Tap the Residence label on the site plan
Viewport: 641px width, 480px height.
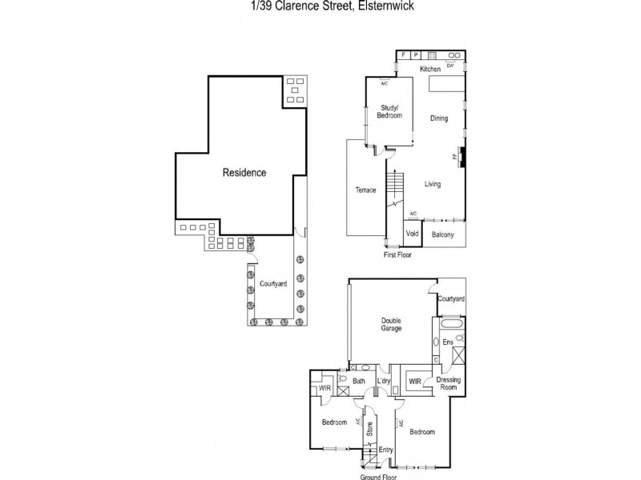(244, 172)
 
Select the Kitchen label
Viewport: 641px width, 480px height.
(431, 70)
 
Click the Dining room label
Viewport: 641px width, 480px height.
(438, 119)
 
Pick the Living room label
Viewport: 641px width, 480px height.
(433, 184)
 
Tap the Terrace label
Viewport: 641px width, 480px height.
(365, 190)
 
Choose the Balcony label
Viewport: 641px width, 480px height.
(443, 234)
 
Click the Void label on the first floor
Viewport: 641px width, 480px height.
(412, 234)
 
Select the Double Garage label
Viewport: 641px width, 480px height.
(391, 324)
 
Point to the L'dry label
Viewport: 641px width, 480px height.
(382, 381)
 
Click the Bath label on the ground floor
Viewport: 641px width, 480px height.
(358, 381)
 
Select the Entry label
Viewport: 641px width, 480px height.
(386, 450)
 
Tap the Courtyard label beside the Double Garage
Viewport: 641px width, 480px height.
(451, 298)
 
